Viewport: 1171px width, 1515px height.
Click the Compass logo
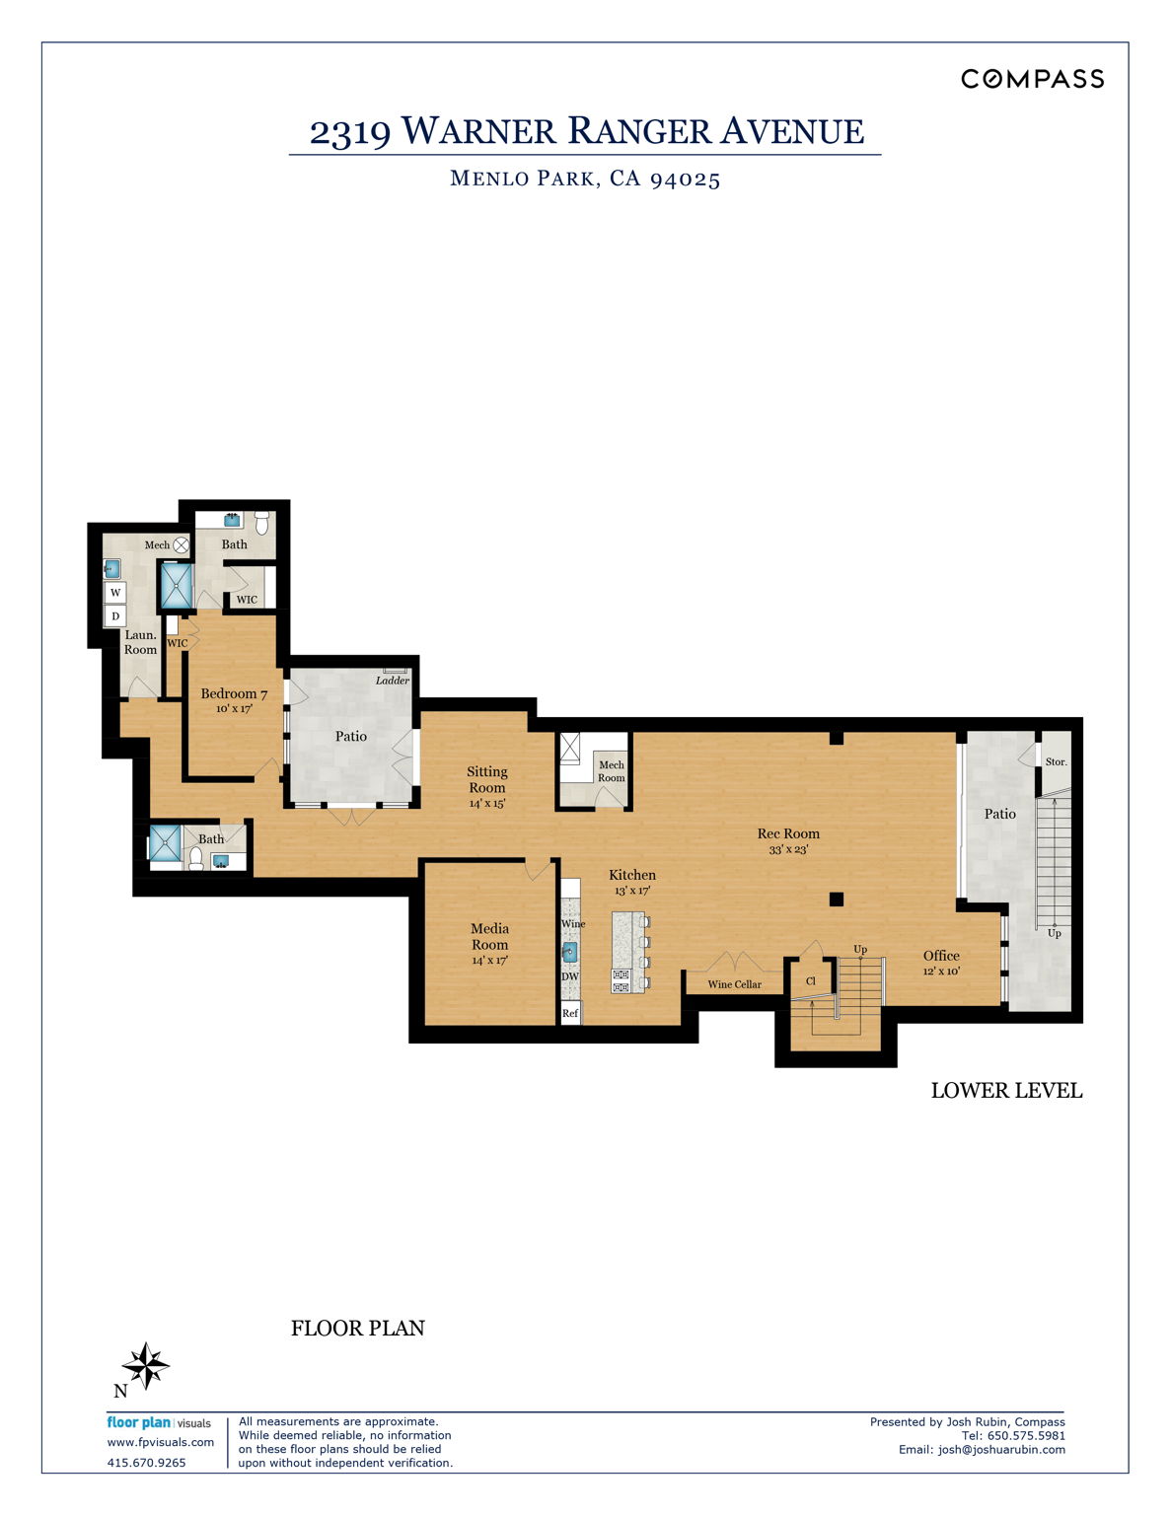[x=1032, y=79]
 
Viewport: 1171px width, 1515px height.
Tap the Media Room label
[x=489, y=936]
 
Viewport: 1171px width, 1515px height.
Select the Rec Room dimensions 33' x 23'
[x=788, y=849]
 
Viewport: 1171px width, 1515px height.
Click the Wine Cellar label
[x=734, y=984]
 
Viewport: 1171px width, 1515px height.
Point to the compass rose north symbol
[x=145, y=1367]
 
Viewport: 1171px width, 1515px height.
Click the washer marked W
[x=115, y=593]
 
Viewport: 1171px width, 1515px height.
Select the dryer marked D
[x=115, y=616]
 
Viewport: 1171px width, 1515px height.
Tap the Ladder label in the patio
[x=392, y=681]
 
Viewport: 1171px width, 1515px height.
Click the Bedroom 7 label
[x=234, y=693]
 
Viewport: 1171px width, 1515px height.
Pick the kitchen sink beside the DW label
[x=570, y=952]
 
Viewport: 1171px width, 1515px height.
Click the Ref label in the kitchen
[x=570, y=1013]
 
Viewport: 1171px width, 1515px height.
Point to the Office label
[x=941, y=955]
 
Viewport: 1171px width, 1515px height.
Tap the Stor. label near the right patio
[x=1056, y=761]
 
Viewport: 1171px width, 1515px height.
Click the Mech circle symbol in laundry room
[x=182, y=544]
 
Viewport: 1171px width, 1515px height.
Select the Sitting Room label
[x=487, y=779]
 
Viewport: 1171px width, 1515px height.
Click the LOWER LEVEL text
[x=1006, y=1090]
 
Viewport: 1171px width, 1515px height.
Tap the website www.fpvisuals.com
[x=160, y=1442]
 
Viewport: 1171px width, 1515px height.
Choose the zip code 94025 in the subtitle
[x=685, y=179]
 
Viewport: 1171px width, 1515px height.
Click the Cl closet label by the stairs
[x=811, y=981]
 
